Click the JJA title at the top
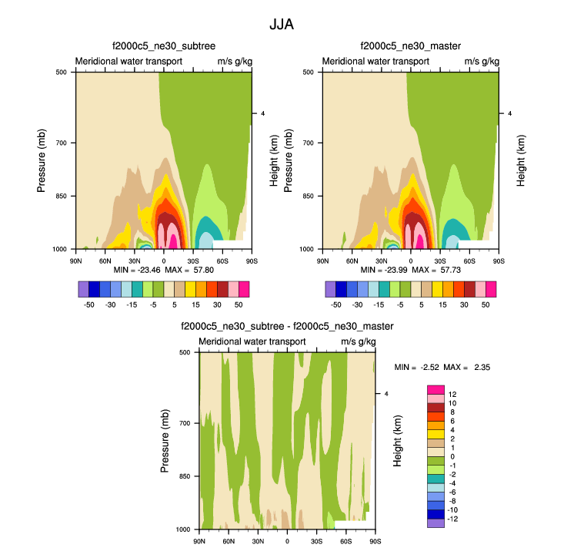[x=282, y=25]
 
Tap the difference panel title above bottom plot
[x=286, y=327]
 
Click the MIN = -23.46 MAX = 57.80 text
[x=162, y=272]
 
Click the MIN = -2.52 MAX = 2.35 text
[x=442, y=367]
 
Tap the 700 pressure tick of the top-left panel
[x=63, y=143]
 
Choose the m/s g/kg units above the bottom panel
[x=357, y=341]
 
